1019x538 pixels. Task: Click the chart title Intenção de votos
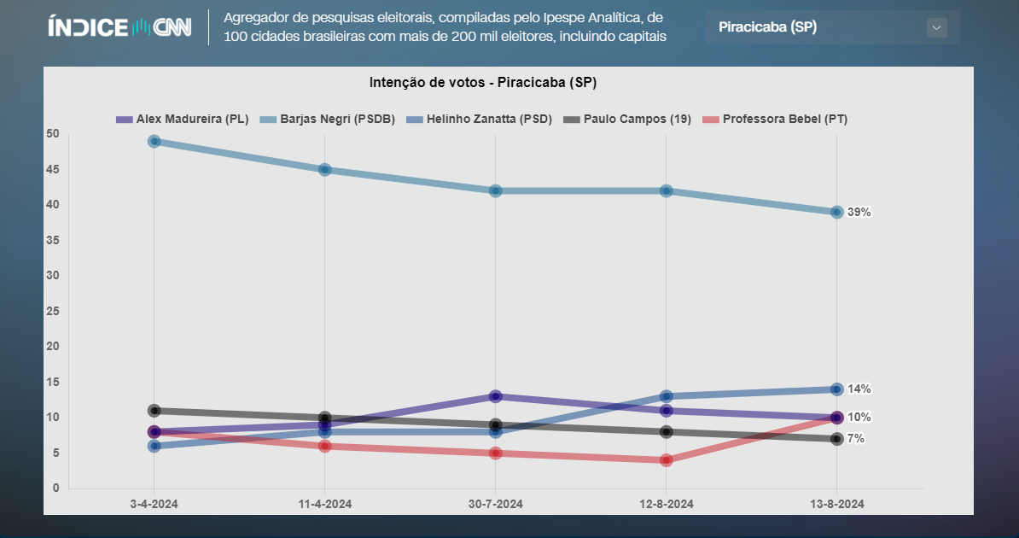[482, 82]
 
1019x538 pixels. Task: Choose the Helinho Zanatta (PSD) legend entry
[480, 120]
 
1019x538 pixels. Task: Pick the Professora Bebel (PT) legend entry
[775, 120]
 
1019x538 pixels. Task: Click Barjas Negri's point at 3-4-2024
[154, 141]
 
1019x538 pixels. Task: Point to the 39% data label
[859, 212]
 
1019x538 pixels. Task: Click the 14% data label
[859, 389]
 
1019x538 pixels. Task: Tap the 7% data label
[855, 439]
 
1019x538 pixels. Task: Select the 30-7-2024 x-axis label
[496, 504]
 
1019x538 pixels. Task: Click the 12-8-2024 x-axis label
[667, 504]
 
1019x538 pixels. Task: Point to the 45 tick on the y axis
[53, 169]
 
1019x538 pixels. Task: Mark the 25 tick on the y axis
[53, 311]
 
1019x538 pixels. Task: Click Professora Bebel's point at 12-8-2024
[667, 460]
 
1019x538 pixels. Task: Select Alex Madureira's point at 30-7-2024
[496, 396]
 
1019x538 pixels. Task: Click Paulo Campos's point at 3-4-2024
[154, 411]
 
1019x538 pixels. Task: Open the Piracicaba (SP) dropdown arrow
[936, 27]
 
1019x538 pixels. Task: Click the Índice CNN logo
[119, 27]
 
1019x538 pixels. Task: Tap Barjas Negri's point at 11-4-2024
[325, 169]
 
